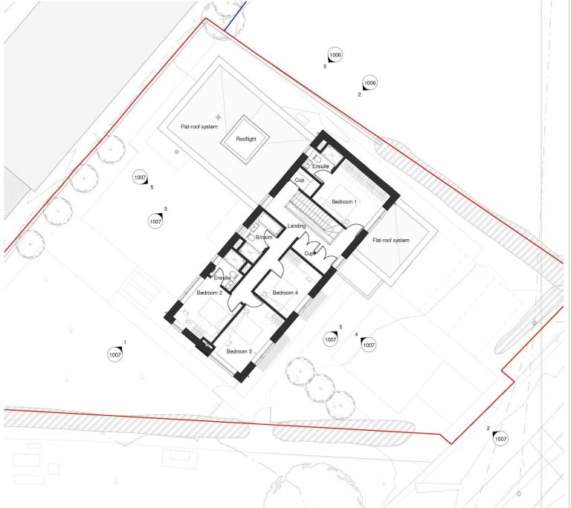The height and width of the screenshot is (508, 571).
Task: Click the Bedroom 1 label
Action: (x=344, y=201)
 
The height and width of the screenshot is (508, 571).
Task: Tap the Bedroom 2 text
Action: (x=210, y=293)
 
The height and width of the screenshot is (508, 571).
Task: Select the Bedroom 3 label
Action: (x=239, y=351)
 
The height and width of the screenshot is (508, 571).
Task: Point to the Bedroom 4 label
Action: (x=285, y=293)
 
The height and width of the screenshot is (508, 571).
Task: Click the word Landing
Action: (x=297, y=226)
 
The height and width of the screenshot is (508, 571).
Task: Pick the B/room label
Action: (x=264, y=237)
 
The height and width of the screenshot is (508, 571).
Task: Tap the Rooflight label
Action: (x=246, y=139)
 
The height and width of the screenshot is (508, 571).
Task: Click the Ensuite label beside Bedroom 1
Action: (x=320, y=166)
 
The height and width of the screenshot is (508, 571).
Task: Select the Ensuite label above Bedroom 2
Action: (x=222, y=278)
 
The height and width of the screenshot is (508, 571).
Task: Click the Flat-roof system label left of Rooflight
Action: (x=199, y=127)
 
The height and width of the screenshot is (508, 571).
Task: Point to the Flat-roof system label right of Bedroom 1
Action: (x=391, y=240)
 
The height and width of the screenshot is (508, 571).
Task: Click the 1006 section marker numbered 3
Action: (x=335, y=55)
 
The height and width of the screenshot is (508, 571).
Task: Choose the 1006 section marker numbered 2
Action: (x=370, y=83)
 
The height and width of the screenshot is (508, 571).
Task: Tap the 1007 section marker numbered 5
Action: (x=140, y=178)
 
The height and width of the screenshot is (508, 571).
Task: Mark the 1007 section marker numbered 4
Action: (x=369, y=345)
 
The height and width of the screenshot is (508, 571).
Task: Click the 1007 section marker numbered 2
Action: (x=500, y=439)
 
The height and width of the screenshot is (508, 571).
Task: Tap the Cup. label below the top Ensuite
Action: (x=300, y=180)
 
